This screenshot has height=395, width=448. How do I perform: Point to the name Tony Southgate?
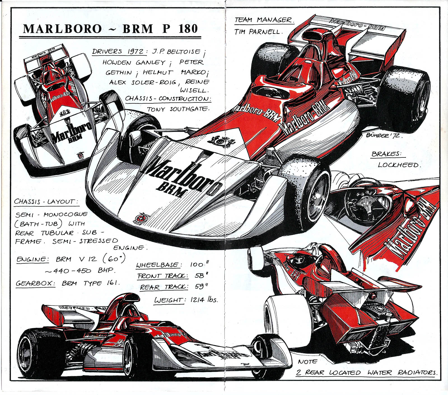(x=178, y=109)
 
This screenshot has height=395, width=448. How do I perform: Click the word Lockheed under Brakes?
(x=399, y=165)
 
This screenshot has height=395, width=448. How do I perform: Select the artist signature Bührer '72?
(x=384, y=136)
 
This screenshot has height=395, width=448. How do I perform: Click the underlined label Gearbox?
(x=36, y=283)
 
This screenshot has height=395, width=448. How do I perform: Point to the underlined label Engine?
(x=32, y=259)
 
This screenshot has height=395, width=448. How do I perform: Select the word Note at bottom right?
(x=308, y=362)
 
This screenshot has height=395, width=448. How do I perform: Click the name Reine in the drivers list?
(x=197, y=82)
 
